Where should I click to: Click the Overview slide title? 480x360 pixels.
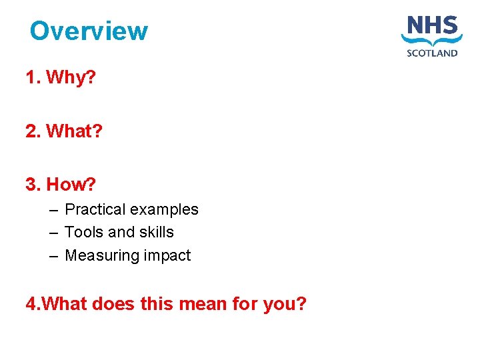coord(89,31)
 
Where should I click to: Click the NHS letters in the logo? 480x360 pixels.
coord(432,26)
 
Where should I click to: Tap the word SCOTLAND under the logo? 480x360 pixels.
coord(432,53)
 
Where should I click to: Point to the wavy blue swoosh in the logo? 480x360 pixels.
coord(432,41)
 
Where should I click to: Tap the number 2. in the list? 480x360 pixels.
coord(33,131)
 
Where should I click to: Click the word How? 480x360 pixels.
coord(72,184)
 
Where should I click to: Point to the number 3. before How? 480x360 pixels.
coord(33,184)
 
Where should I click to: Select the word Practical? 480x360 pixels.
coord(95,209)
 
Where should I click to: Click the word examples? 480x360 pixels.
coord(164,210)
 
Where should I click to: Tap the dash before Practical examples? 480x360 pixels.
coord(53,210)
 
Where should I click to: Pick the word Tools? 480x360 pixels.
coord(84,232)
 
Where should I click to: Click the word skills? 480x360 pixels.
coord(156,232)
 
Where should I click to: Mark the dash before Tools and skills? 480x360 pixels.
coord(53,233)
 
